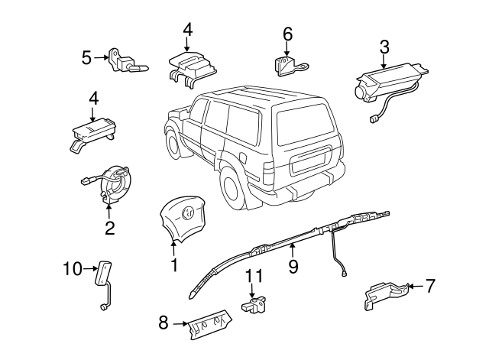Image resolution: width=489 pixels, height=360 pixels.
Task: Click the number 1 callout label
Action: pyautogui.click(x=174, y=265)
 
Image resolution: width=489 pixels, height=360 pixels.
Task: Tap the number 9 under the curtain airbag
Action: pyautogui.click(x=292, y=267)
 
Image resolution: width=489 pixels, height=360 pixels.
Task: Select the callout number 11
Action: pyautogui.click(x=253, y=276)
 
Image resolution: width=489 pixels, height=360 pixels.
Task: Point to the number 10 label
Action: pyautogui.click(x=71, y=268)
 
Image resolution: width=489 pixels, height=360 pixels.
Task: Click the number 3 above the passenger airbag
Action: pyautogui.click(x=384, y=47)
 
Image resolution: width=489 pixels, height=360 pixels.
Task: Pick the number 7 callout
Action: pyautogui.click(x=430, y=287)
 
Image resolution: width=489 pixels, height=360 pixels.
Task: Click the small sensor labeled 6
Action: pyautogui.click(x=285, y=65)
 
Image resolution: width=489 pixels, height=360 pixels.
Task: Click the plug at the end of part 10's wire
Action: pyautogui.click(x=101, y=308)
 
